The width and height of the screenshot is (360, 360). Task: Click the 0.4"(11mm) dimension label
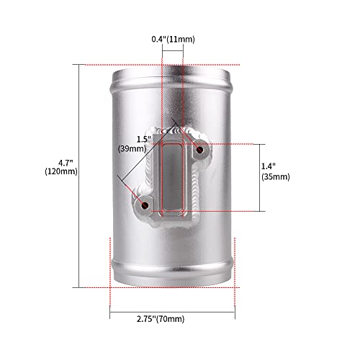click(x=173, y=39)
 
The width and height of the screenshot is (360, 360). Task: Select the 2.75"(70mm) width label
click(x=161, y=319)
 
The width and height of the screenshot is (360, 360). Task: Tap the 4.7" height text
click(x=66, y=163)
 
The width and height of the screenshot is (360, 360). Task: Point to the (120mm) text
click(x=61, y=171)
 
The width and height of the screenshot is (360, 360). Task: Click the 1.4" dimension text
click(x=269, y=166)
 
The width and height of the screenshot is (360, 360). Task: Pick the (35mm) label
click(x=276, y=176)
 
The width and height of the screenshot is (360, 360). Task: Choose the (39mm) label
click(x=132, y=149)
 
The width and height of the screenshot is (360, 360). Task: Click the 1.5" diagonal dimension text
click(x=144, y=139)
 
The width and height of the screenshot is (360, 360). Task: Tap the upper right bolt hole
click(x=199, y=150)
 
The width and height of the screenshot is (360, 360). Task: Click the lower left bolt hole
click(x=145, y=205)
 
